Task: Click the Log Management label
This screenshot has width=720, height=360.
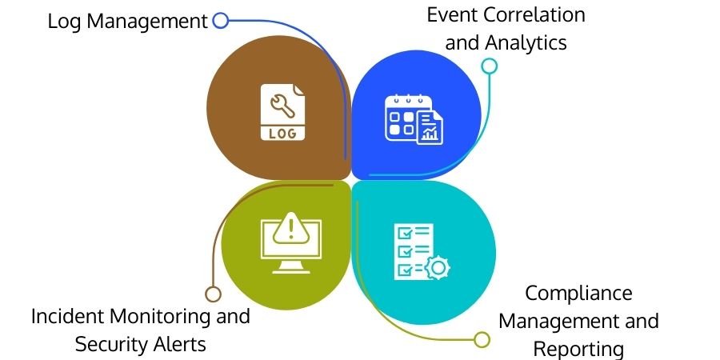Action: click(x=127, y=21)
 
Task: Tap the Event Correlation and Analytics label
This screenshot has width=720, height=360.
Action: click(x=506, y=28)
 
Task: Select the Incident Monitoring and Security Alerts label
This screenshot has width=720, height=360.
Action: click(x=141, y=330)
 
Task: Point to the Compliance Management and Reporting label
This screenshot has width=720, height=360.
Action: click(x=578, y=321)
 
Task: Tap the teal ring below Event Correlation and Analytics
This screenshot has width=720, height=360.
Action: click(x=490, y=66)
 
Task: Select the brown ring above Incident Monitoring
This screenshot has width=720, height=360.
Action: click(x=213, y=294)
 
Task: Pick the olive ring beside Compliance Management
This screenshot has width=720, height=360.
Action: click(x=482, y=339)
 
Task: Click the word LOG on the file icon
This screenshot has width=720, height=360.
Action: click(x=282, y=133)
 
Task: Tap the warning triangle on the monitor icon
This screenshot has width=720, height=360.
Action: click(x=292, y=230)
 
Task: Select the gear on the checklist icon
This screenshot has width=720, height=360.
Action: click(x=437, y=267)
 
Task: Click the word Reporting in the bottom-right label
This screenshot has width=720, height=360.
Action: click(x=578, y=349)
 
